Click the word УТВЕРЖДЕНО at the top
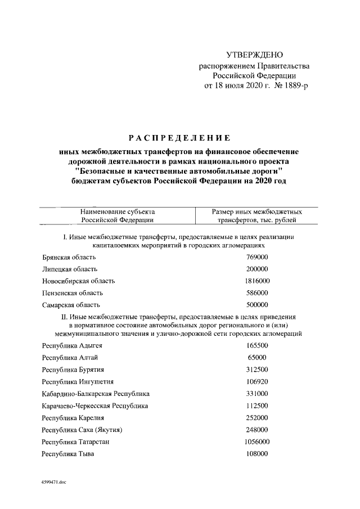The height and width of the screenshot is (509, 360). [254, 55]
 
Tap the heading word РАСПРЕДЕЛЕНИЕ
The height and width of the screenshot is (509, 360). [180, 138]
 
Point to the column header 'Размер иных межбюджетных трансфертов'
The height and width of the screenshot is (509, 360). [256, 216]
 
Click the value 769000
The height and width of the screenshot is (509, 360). [257, 256]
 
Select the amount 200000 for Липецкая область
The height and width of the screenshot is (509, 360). [257, 269]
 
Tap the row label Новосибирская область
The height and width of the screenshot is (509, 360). [78, 281]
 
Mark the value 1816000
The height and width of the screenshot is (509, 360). [257, 281]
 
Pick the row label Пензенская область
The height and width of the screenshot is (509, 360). [73, 293]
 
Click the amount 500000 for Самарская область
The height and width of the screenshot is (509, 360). [257, 305]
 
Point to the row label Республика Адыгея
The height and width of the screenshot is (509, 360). [73, 345]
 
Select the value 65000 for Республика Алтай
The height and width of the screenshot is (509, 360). [257, 357]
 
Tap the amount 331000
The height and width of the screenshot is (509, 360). [257, 394]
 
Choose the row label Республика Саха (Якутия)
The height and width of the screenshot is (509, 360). [82, 430]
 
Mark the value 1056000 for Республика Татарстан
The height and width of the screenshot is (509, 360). [257, 442]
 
